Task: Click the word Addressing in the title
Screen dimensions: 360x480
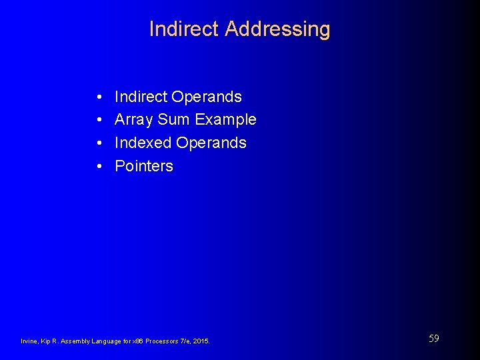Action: [277, 29]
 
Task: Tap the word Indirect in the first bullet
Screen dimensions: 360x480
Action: [141, 97]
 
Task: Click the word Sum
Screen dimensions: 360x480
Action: [172, 120]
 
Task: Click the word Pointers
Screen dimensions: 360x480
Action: [144, 166]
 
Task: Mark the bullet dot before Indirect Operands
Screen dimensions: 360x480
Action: [98, 97]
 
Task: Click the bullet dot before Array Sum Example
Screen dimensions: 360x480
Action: [98, 121]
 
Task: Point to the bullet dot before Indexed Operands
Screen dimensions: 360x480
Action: [98, 143]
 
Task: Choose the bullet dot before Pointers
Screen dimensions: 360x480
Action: [98, 167]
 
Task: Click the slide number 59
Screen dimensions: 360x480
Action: [433, 339]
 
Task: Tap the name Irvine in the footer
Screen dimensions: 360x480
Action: [31, 341]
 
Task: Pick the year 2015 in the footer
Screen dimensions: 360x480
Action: [201, 341]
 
